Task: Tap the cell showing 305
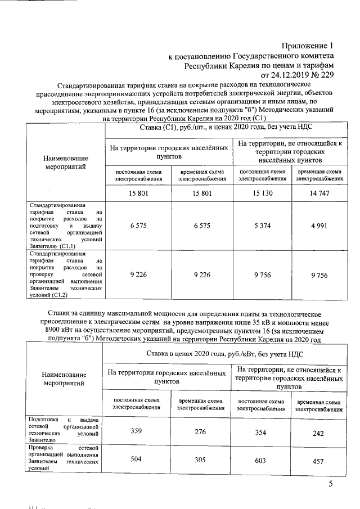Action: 199,458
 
